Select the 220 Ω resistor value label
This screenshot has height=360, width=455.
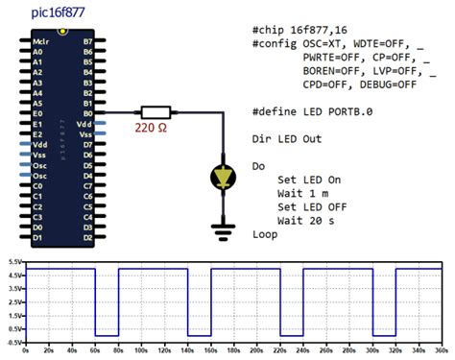(x=154, y=127)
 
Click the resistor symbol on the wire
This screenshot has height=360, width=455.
(x=155, y=111)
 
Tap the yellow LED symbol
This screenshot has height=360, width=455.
(x=223, y=176)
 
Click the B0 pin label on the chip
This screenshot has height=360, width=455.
(x=88, y=111)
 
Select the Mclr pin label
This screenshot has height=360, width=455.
(x=40, y=43)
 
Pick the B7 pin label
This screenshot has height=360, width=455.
(x=88, y=43)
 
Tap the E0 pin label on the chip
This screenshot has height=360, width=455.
(x=37, y=111)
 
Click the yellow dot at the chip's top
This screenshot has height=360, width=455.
(x=63, y=32)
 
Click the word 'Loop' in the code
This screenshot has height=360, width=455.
(x=265, y=233)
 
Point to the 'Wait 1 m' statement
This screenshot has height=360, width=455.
(x=304, y=193)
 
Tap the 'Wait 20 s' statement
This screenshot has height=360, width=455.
(x=308, y=220)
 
